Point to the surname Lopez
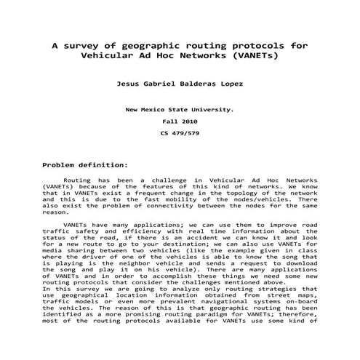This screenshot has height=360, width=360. pyautogui.click(x=228, y=84)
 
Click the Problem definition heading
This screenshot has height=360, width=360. pyautogui.click(x=85, y=165)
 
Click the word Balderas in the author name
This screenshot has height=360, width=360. pyautogui.click(x=179, y=84)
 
